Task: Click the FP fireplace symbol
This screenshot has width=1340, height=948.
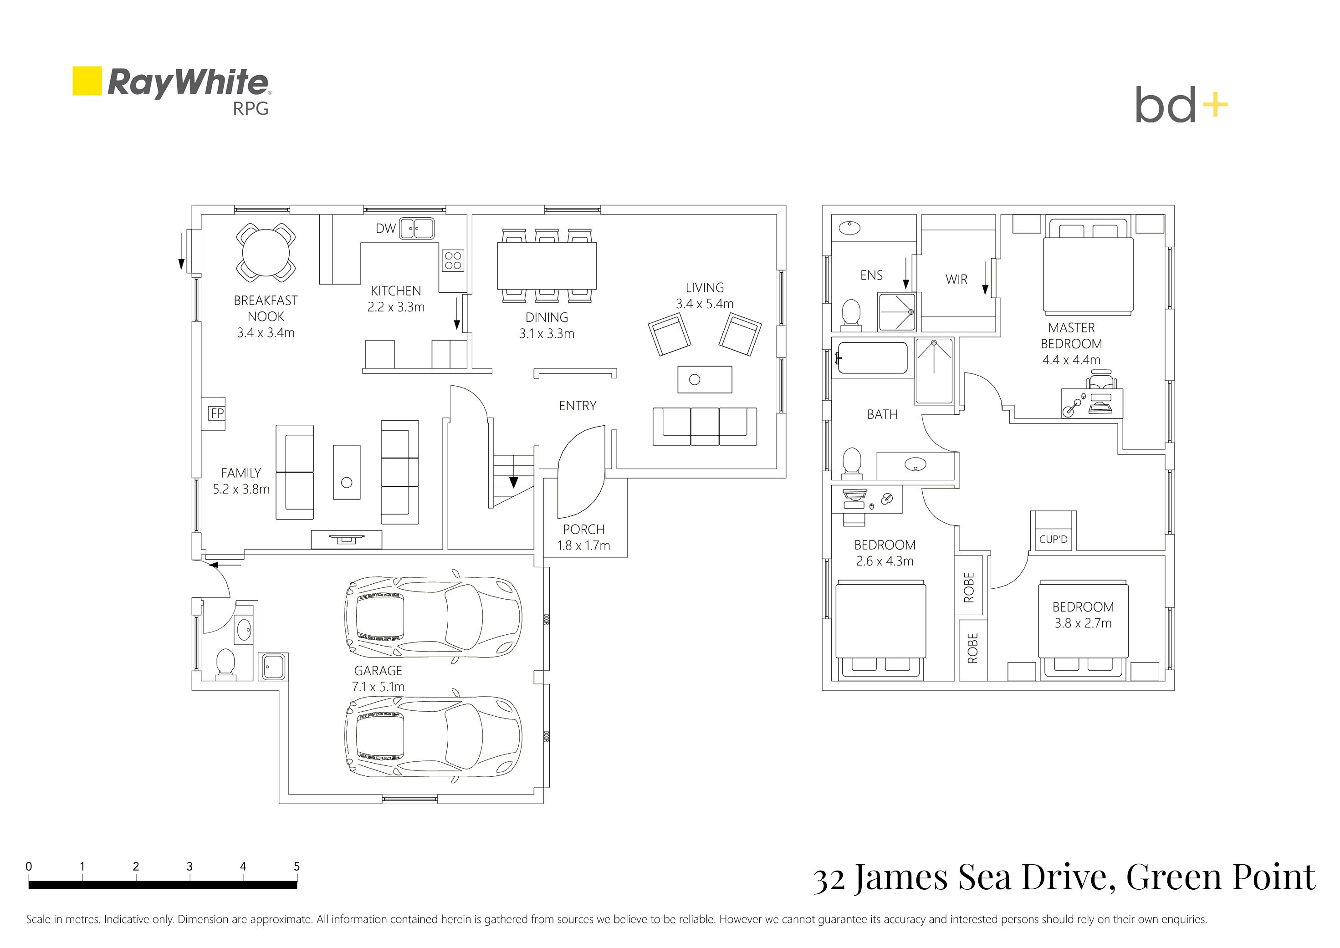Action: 217,413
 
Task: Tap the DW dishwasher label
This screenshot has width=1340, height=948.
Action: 385,228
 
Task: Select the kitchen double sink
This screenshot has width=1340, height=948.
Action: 417,228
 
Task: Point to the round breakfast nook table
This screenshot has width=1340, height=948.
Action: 266,253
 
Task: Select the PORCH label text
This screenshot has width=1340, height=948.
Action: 583,530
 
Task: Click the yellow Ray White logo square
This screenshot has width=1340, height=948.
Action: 87,81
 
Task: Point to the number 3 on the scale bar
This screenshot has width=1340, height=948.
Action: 189,866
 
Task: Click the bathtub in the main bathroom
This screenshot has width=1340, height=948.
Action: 872,358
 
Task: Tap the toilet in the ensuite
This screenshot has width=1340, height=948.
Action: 851,313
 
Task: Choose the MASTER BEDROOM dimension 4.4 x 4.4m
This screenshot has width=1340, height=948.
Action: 1071,360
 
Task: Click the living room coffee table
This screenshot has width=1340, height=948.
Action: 704,379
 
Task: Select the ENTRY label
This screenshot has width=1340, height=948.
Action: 578,406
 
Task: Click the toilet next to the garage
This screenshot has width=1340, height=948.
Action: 225,664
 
